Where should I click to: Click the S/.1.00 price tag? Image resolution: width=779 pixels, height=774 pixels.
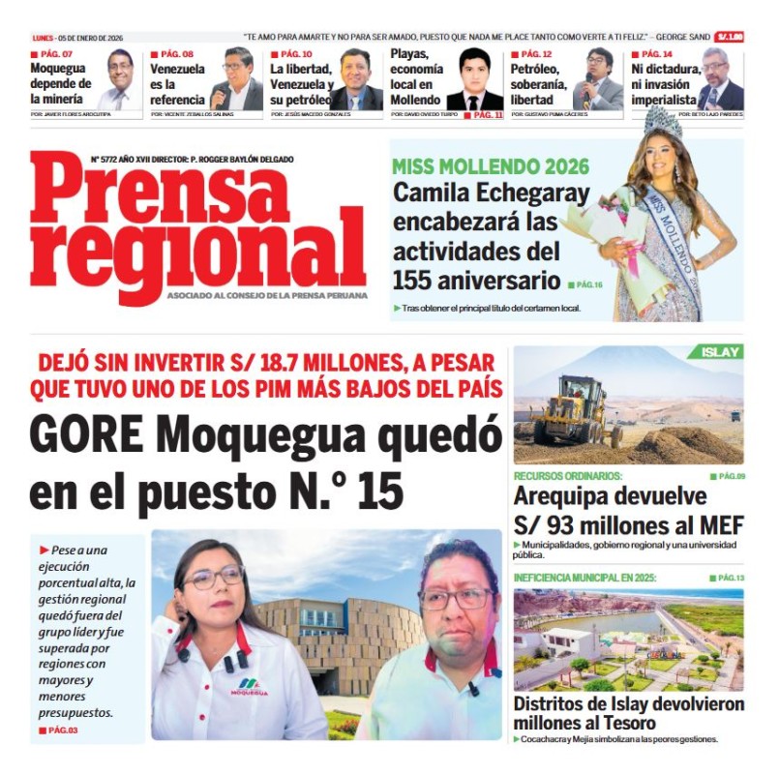[731, 36]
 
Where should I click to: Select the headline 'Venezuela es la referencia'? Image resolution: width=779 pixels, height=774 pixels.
[177, 84]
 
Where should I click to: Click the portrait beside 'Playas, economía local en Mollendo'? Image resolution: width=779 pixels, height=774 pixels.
[474, 79]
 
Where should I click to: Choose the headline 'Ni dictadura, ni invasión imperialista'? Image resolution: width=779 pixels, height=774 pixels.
[664, 84]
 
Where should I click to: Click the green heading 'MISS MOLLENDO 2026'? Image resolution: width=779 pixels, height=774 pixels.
[491, 166]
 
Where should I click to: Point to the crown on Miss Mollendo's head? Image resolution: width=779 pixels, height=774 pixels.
[663, 123]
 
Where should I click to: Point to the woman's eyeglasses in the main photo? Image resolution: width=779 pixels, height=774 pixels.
[214, 579]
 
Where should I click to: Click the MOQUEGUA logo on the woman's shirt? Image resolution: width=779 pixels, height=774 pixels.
[249, 688]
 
